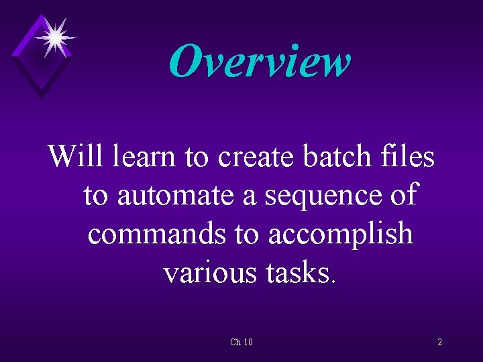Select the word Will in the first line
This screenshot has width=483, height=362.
pos(77,157)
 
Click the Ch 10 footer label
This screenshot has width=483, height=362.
pos(241,343)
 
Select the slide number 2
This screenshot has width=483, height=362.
pos(439,343)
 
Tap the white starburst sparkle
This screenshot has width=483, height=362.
pos(54,36)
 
